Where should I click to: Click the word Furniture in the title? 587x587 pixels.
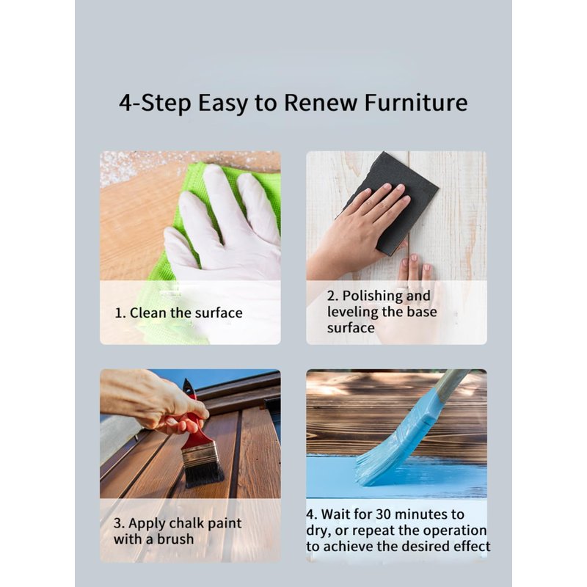415,102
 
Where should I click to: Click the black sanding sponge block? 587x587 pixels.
397,203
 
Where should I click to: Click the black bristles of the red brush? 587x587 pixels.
204,473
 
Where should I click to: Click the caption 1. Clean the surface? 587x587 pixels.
178,313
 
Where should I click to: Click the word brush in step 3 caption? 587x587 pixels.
175,539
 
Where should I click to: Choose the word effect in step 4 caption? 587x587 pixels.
472,547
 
